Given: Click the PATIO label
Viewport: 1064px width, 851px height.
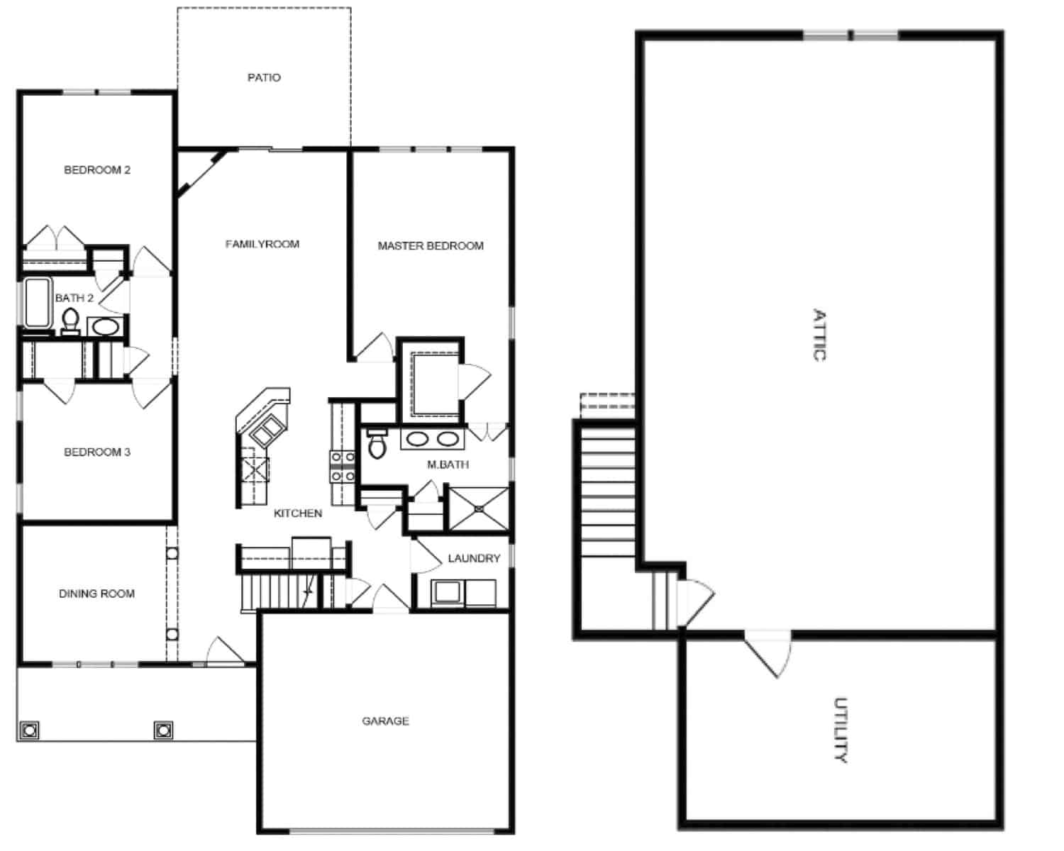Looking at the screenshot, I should pyautogui.click(x=264, y=77).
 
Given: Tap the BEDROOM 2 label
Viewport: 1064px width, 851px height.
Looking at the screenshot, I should pyautogui.click(x=97, y=170).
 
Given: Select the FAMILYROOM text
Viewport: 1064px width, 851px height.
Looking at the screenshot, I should pyautogui.click(x=262, y=244).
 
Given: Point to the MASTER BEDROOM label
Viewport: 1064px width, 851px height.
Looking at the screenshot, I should pyautogui.click(x=431, y=246).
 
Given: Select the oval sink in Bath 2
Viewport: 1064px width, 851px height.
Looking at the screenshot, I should pyautogui.click(x=106, y=328).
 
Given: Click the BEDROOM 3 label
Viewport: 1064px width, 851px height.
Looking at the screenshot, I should pyautogui.click(x=97, y=452).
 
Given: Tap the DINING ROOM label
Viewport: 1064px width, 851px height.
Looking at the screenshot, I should pyautogui.click(x=96, y=594).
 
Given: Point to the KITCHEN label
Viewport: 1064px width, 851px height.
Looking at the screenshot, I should pyautogui.click(x=298, y=513).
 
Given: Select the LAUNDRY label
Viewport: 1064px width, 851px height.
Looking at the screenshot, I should pyautogui.click(x=474, y=559).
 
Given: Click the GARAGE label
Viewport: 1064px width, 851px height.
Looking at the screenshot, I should pyautogui.click(x=385, y=721).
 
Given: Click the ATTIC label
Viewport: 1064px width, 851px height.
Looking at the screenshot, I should pyautogui.click(x=819, y=335).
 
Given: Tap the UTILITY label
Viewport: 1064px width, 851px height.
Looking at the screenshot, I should pyautogui.click(x=841, y=730).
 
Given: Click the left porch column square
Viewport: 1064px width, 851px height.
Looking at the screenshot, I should pyautogui.click(x=30, y=730).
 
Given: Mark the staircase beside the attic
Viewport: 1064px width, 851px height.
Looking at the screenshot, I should pyautogui.click(x=608, y=489).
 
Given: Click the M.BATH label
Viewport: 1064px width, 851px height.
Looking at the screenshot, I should pyautogui.click(x=448, y=465).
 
